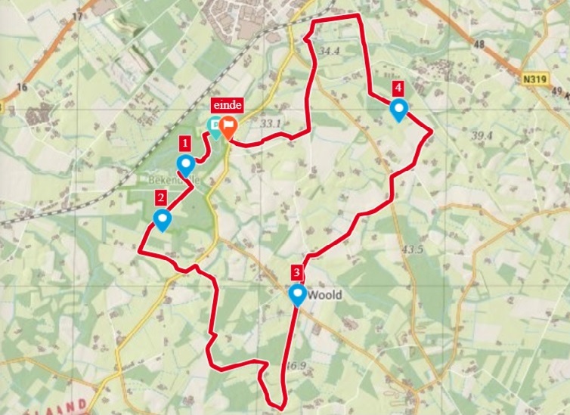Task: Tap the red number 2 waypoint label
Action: click(160, 199)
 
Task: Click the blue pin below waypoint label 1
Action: click(185, 164)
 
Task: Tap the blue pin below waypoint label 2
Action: click(162, 219)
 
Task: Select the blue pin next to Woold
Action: click(298, 294)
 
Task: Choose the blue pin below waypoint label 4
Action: click(398, 110)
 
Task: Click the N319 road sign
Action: click(533, 77)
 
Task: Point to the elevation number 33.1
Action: click(270, 123)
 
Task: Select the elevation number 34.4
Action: click(330, 51)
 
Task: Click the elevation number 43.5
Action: click(413, 249)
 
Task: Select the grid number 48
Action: click(478, 45)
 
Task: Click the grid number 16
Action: click(21, 88)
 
